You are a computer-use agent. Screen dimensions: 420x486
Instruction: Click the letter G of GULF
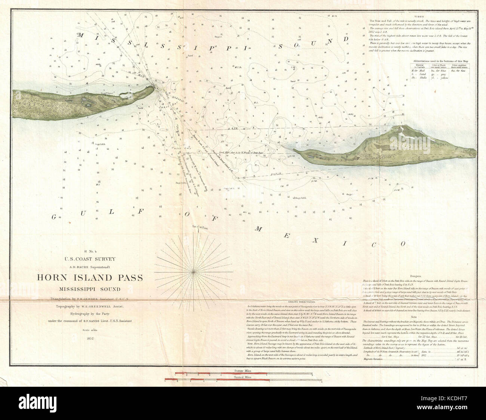click(x=55, y=217)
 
